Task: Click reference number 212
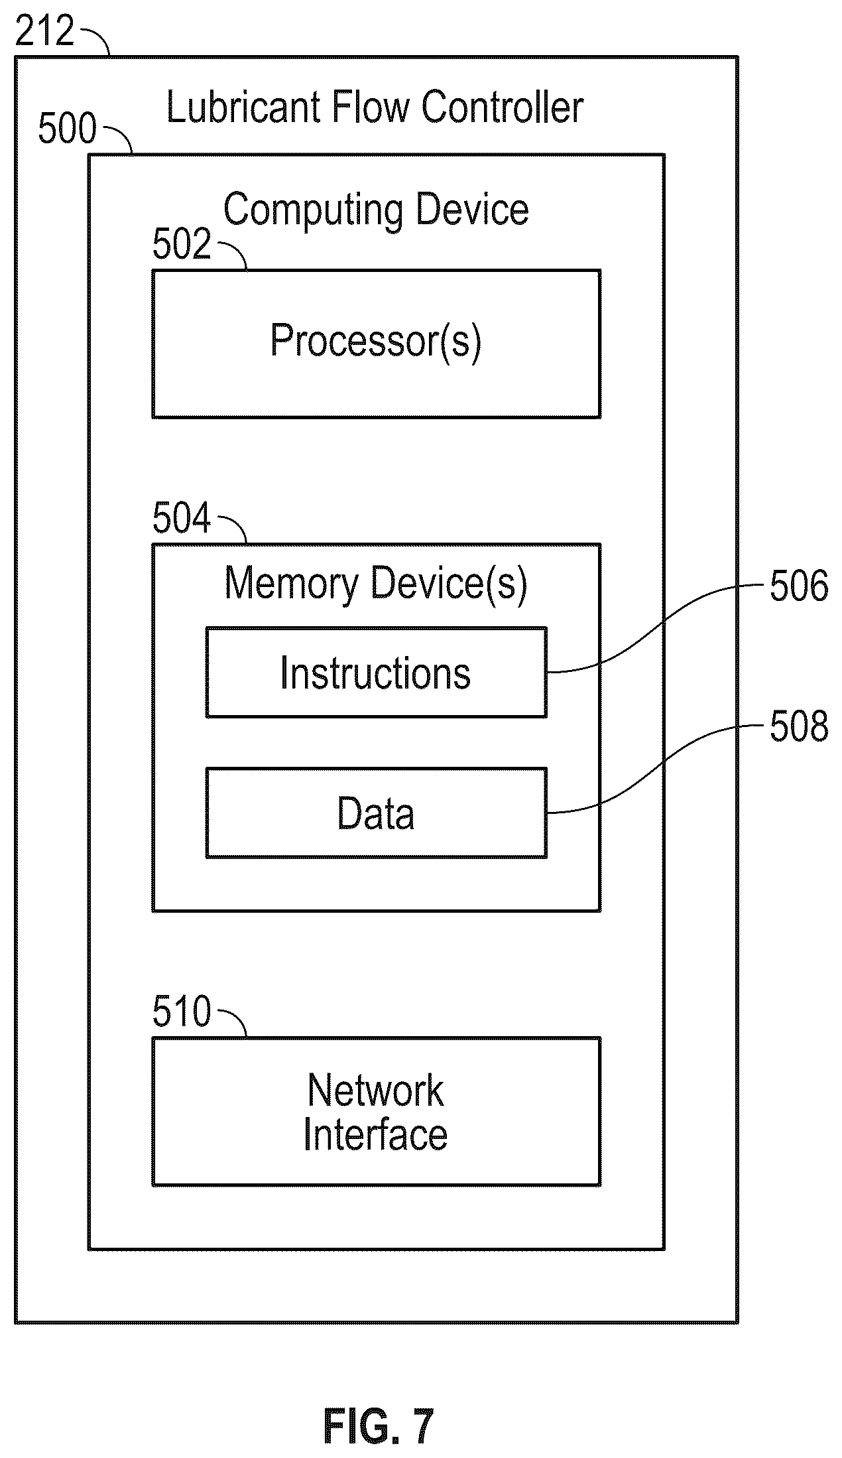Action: [44, 32]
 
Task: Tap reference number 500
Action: [68, 129]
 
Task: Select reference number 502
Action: [182, 244]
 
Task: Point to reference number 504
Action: [182, 518]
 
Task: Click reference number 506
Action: [799, 586]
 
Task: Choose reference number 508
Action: [799, 726]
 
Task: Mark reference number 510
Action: [182, 1012]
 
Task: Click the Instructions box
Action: [377, 672]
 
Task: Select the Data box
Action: [377, 813]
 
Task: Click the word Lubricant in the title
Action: [243, 107]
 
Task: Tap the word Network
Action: [376, 1090]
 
